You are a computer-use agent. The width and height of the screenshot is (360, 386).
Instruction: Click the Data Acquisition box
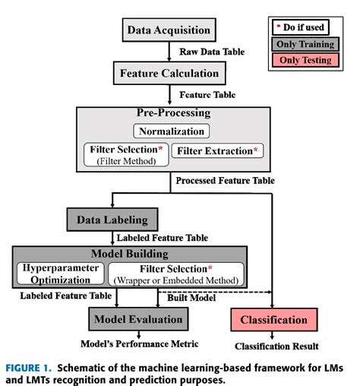pos(169,30)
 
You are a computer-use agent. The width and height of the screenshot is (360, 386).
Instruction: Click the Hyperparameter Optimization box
pos(59,273)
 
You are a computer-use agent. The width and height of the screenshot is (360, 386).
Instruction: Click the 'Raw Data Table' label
pos(211,52)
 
